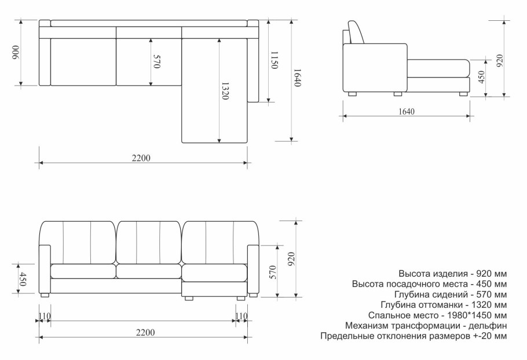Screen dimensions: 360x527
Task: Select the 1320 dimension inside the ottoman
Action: [x=225, y=91]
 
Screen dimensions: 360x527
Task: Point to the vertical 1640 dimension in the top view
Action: [x=297, y=78]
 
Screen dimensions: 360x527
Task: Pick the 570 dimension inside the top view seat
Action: [x=156, y=62]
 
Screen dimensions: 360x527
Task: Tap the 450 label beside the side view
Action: [x=481, y=78]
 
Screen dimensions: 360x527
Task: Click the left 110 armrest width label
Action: [x=44, y=316]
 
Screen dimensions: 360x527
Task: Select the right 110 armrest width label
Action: [x=241, y=316]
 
